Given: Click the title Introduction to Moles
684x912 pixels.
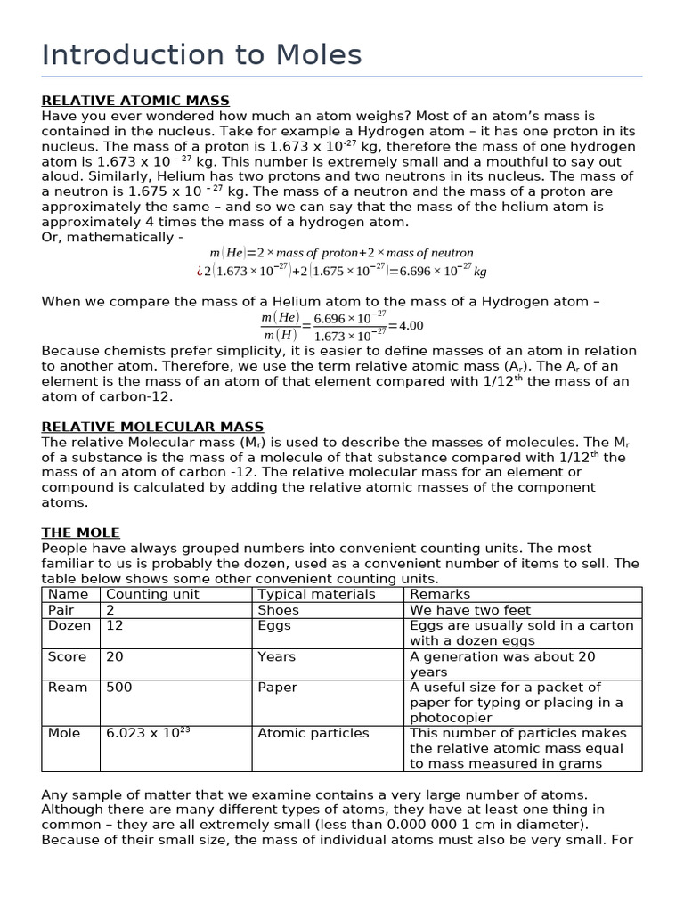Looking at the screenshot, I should (201, 55).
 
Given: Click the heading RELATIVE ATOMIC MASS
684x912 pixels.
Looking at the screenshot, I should (135, 101).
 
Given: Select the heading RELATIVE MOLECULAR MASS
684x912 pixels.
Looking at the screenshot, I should (152, 427).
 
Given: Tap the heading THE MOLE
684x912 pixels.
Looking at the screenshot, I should (80, 533).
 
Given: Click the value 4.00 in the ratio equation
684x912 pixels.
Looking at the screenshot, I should (410, 325).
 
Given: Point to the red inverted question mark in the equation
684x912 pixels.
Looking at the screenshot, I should (199, 271).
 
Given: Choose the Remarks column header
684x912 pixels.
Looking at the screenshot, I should (440, 594).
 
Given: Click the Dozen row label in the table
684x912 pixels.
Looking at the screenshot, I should (69, 625).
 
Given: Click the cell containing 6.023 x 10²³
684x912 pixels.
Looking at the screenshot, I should (148, 733).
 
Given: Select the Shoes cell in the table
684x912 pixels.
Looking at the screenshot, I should (278, 610).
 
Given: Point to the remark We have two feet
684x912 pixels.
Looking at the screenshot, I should (469, 610).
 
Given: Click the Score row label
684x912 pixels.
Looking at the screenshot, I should (68, 656).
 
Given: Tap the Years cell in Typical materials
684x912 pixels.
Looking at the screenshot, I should (276, 656).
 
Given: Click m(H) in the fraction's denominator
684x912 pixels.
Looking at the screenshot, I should (279, 335).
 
